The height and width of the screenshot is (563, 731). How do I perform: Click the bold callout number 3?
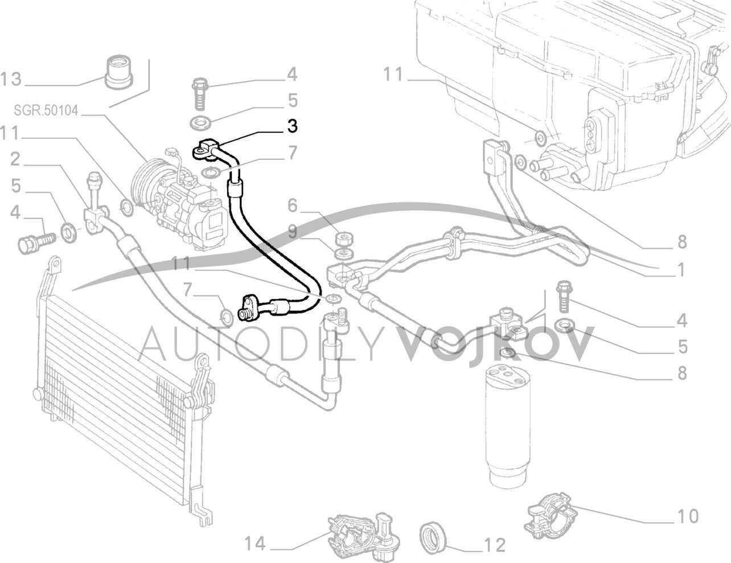pos(292,126)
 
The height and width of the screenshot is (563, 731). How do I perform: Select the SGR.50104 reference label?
pos(46,110)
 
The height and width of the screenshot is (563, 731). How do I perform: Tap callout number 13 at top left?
pos(11,79)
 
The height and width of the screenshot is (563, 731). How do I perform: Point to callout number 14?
pos(255,544)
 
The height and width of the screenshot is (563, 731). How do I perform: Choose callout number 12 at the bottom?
pos(496,545)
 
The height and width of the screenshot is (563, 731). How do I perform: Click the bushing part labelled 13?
pos(118,76)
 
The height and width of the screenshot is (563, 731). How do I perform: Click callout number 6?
pos(293,206)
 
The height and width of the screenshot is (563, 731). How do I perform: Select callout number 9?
pos(293,231)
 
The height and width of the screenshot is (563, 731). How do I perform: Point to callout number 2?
pos(15,160)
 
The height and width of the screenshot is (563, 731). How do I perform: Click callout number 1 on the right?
pos(681,269)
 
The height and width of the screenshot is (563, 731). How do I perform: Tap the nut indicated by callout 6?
pos(343,240)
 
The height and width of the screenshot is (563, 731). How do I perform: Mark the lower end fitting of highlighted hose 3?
pos(250,308)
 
